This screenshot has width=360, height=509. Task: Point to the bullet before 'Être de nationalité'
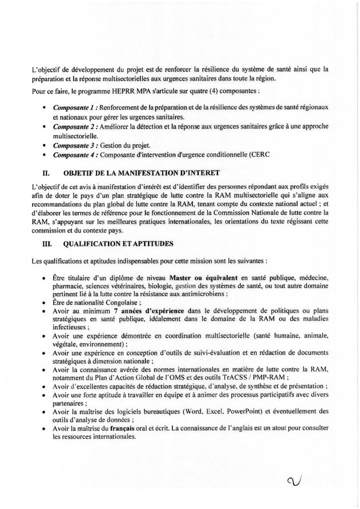[45, 302]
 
